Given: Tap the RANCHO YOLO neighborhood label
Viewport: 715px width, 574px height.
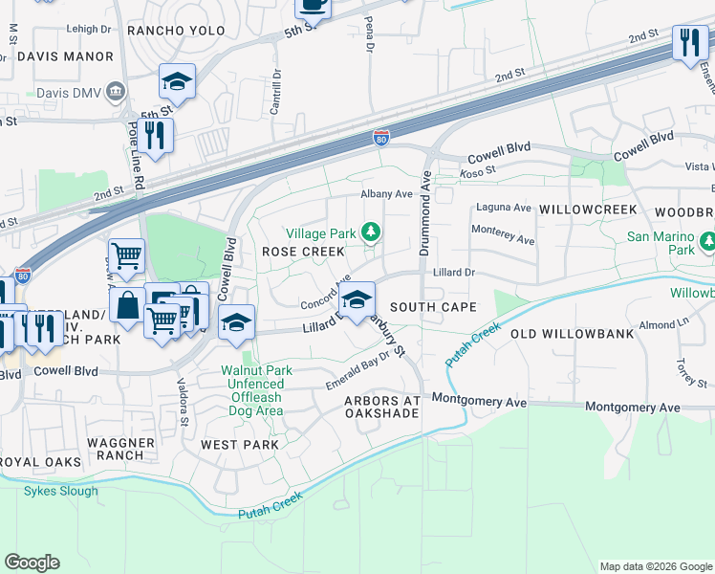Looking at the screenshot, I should click(176, 31).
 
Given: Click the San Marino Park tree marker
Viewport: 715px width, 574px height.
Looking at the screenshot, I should click(707, 239).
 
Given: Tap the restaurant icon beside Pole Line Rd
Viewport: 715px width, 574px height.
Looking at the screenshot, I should click(154, 134).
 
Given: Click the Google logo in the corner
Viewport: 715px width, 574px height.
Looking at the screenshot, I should click(32, 563).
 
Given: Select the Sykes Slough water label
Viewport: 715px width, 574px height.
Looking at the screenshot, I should click(61, 491).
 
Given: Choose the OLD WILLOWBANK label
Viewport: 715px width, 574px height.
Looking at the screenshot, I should click(566, 334).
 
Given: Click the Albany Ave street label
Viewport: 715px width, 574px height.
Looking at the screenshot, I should click(386, 193).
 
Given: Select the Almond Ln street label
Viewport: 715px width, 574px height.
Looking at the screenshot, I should click(657, 325).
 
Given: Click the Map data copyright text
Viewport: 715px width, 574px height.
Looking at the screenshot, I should click(654, 566).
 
